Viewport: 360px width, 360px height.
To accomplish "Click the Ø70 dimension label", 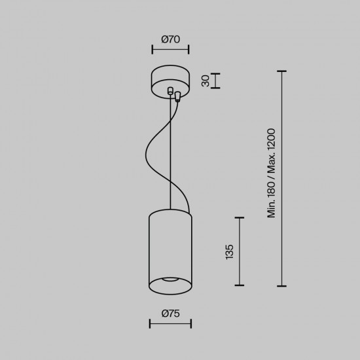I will tap(170, 39).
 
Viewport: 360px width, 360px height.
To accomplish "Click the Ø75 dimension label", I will tap(170, 314).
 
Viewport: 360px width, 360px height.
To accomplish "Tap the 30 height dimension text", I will tap(206, 81).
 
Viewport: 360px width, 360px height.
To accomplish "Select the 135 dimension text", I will tap(229, 252).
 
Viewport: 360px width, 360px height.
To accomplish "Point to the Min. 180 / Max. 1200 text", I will tap(271, 173).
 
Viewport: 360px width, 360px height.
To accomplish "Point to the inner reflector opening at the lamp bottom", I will tap(170, 281).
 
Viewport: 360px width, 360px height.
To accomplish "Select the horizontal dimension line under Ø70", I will tap(170, 49).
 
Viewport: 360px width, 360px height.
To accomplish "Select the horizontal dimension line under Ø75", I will tap(170, 323).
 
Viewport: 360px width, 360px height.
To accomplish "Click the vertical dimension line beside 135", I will tap(240, 252).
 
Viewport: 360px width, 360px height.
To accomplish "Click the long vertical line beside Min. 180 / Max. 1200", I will tap(282, 178).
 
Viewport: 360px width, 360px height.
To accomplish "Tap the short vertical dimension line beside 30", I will tap(217, 81).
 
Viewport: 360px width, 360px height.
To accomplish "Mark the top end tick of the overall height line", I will tap(282, 71).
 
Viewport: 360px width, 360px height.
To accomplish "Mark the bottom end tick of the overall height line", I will tap(282, 285).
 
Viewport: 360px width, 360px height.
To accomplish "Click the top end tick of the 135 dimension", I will tap(240, 218).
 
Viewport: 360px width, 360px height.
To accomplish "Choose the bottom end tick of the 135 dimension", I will tap(240, 285).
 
